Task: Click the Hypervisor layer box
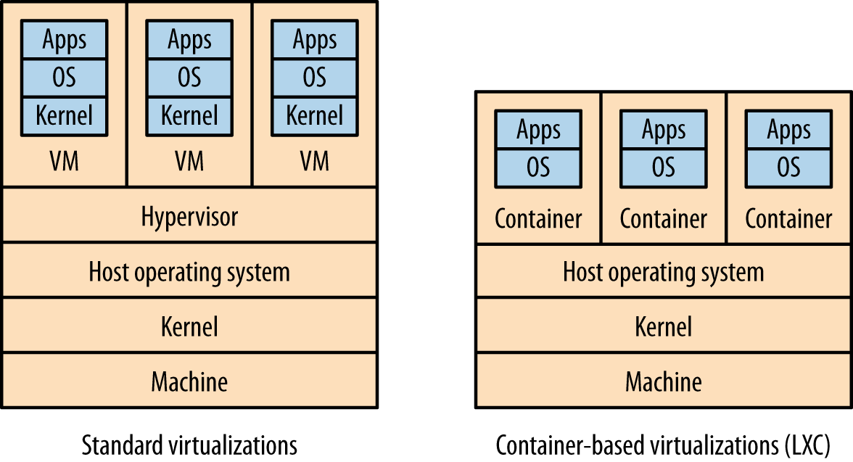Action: tap(189, 216)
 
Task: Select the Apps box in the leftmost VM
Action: tap(64, 40)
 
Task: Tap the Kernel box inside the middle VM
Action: tap(189, 115)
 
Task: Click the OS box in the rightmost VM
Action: tap(314, 78)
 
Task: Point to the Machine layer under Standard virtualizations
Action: tap(189, 381)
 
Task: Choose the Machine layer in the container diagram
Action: tap(664, 381)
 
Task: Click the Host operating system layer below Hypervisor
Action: tap(189, 272)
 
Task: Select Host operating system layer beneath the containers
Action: tap(664, 272)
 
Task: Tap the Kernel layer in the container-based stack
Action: tap(664, 326)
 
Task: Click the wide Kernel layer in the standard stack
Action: tap(189, 326)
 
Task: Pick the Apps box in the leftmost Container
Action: tap(538, 131)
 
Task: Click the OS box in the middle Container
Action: tap(664, 168)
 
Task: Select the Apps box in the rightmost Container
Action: tap(788, 131)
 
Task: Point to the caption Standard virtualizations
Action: tap(189, 445)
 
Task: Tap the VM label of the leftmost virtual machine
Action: tap(64, 161)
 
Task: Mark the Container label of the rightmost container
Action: tap(788, 218)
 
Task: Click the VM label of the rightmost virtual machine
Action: tap(314, 161)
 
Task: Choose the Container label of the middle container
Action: tap(664, 218)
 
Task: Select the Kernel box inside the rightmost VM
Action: tap(314, 115)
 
